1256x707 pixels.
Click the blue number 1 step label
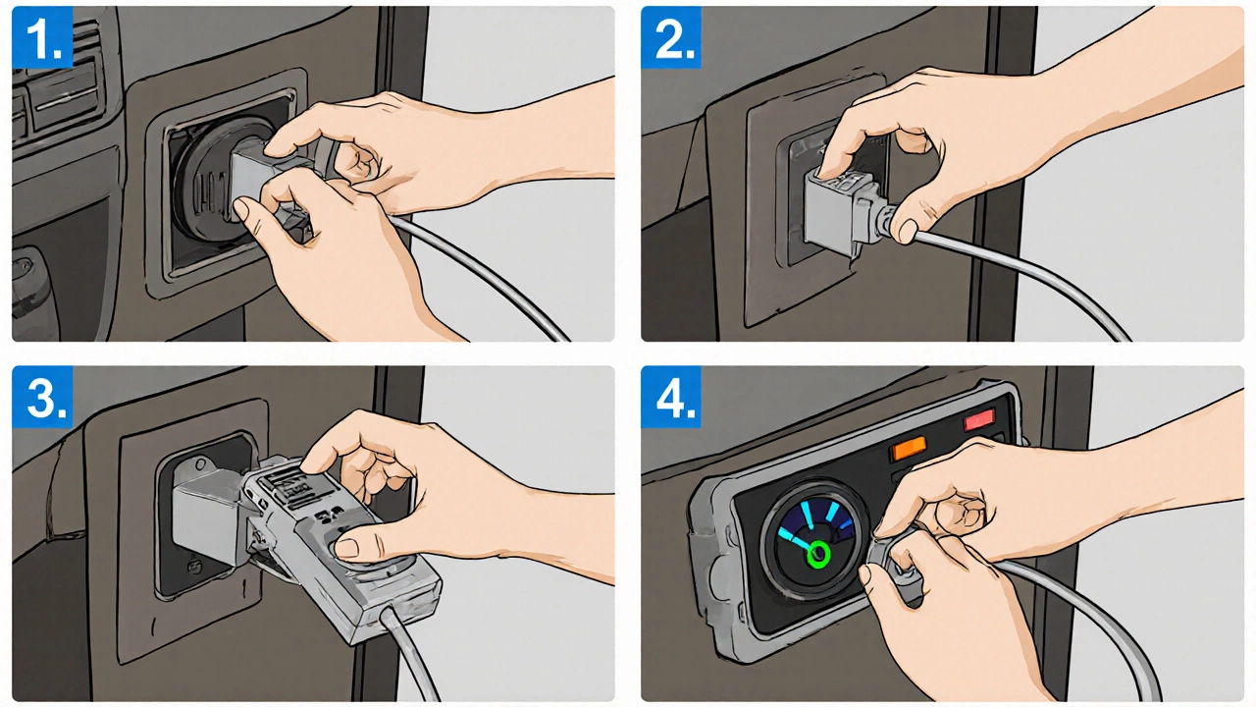42,37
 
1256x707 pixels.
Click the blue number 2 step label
671,37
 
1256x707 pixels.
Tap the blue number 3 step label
42,397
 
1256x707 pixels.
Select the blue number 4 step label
671,397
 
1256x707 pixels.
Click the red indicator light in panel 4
979,419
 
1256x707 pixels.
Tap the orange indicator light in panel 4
909,449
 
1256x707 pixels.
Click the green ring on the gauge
818,554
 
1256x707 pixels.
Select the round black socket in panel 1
207,180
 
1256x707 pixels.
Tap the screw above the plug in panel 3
200,464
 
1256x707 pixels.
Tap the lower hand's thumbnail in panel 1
241,210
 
